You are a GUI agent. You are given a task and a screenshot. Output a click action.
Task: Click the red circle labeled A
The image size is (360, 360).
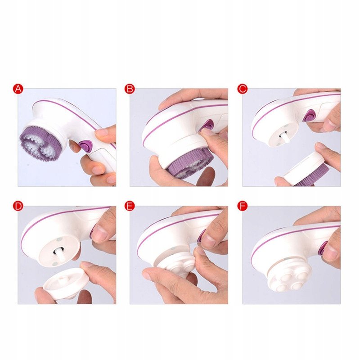[18, 89]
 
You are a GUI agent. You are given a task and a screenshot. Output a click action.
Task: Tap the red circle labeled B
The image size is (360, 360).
[130, 89]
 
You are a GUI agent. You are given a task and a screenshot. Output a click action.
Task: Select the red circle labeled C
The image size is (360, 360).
[243, 89]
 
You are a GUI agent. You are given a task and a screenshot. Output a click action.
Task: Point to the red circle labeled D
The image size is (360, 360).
[18, 206]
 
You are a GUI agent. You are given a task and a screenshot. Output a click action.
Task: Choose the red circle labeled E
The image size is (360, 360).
[130, 206]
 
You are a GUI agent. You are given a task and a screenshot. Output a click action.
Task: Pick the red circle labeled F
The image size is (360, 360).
[243, 206]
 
